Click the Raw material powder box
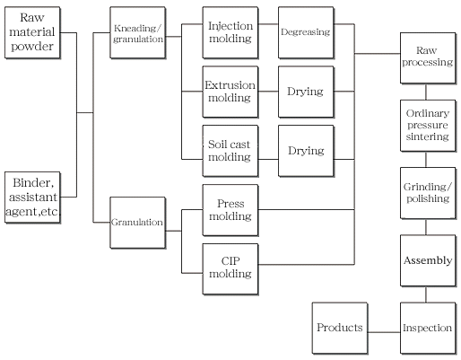click(x=32, y=32)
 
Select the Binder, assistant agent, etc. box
click(x=32, y=198)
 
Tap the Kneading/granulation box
click(x=138, y=32)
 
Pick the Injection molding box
click(x=230, y=32)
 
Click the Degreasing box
click(x=306, y=32)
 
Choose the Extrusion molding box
click(x=230, y=92)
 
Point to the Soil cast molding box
click(x=230, y=151)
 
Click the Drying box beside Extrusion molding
click(x=306, y=92)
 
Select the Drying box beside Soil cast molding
click(x=306, y=151)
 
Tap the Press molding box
click(x=230, y=210)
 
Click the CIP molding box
click(x=230, y=269)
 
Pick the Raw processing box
click(x=428, y=58)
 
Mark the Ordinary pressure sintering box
click(x=428, y=126)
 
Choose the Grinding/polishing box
click(x=428, y=193)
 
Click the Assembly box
click(x=428, y=260)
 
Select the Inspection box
click(x=428, y=328)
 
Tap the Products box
click(x=340, y=328)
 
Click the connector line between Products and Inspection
click(x=384, y=332)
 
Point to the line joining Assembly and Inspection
click(x=426, y=294)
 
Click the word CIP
click(x=230, y=261)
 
